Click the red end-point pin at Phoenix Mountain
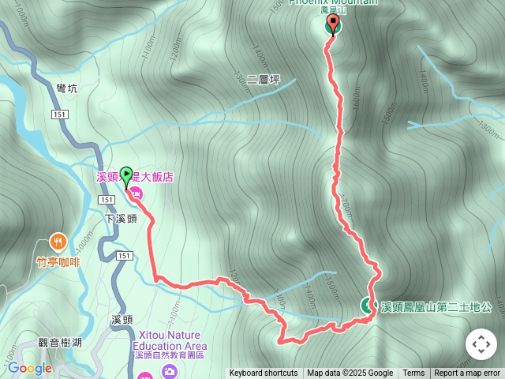[332, 24]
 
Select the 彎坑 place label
[67, 89]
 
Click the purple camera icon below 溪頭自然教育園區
[170, 373]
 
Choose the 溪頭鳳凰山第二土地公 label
[436, 306]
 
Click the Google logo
[29, 368]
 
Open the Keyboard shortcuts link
[264, 373]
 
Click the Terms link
[413, 373]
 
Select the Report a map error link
[467, 373]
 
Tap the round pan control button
[481, 344]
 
